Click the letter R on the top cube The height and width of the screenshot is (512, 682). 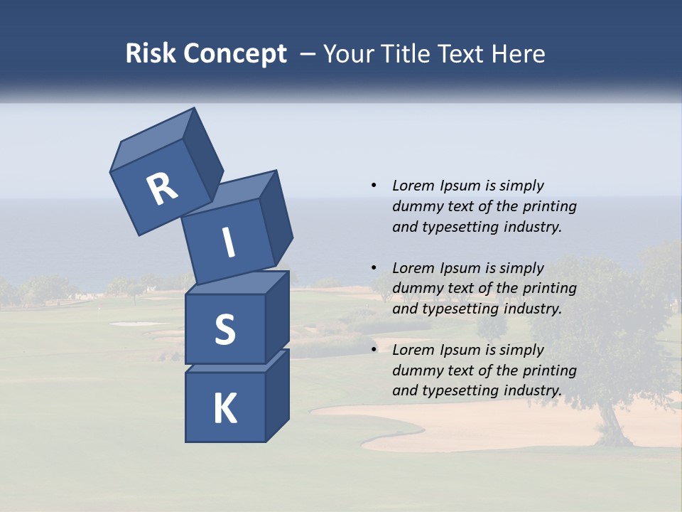tap(162, 189)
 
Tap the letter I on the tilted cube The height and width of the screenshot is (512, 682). tap(229, 242)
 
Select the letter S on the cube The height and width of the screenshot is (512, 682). tap(224, 330)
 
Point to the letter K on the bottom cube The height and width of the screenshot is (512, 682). tap(224, 409)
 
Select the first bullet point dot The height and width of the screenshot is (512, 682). tap(374, 186)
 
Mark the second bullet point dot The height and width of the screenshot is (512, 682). tap(374, 268)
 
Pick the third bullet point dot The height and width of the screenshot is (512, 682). tap(374, 350)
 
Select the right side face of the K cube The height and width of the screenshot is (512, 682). tap(277, 395)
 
